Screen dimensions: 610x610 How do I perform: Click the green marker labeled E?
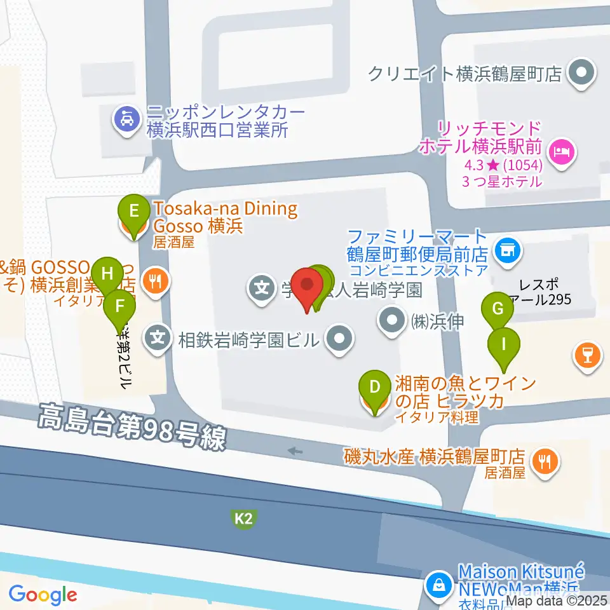click(x=133, y=210)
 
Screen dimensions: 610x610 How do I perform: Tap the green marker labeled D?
click(x=375, y=386)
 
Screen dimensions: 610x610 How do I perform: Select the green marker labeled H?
click(x=107, y=274)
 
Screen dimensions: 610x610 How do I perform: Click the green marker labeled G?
click(x=498, y=309)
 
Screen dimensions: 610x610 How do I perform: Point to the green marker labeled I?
click(x=504, y=345)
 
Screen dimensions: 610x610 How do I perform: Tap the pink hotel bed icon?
click(x=562, y=151)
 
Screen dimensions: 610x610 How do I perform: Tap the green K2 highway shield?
click(x=244, y=520)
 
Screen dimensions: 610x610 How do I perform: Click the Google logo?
click(x=43, y=595)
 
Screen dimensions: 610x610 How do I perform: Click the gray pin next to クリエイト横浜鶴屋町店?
click(x=581, y=73)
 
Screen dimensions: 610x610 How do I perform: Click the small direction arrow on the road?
click(x=295, y=451)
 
